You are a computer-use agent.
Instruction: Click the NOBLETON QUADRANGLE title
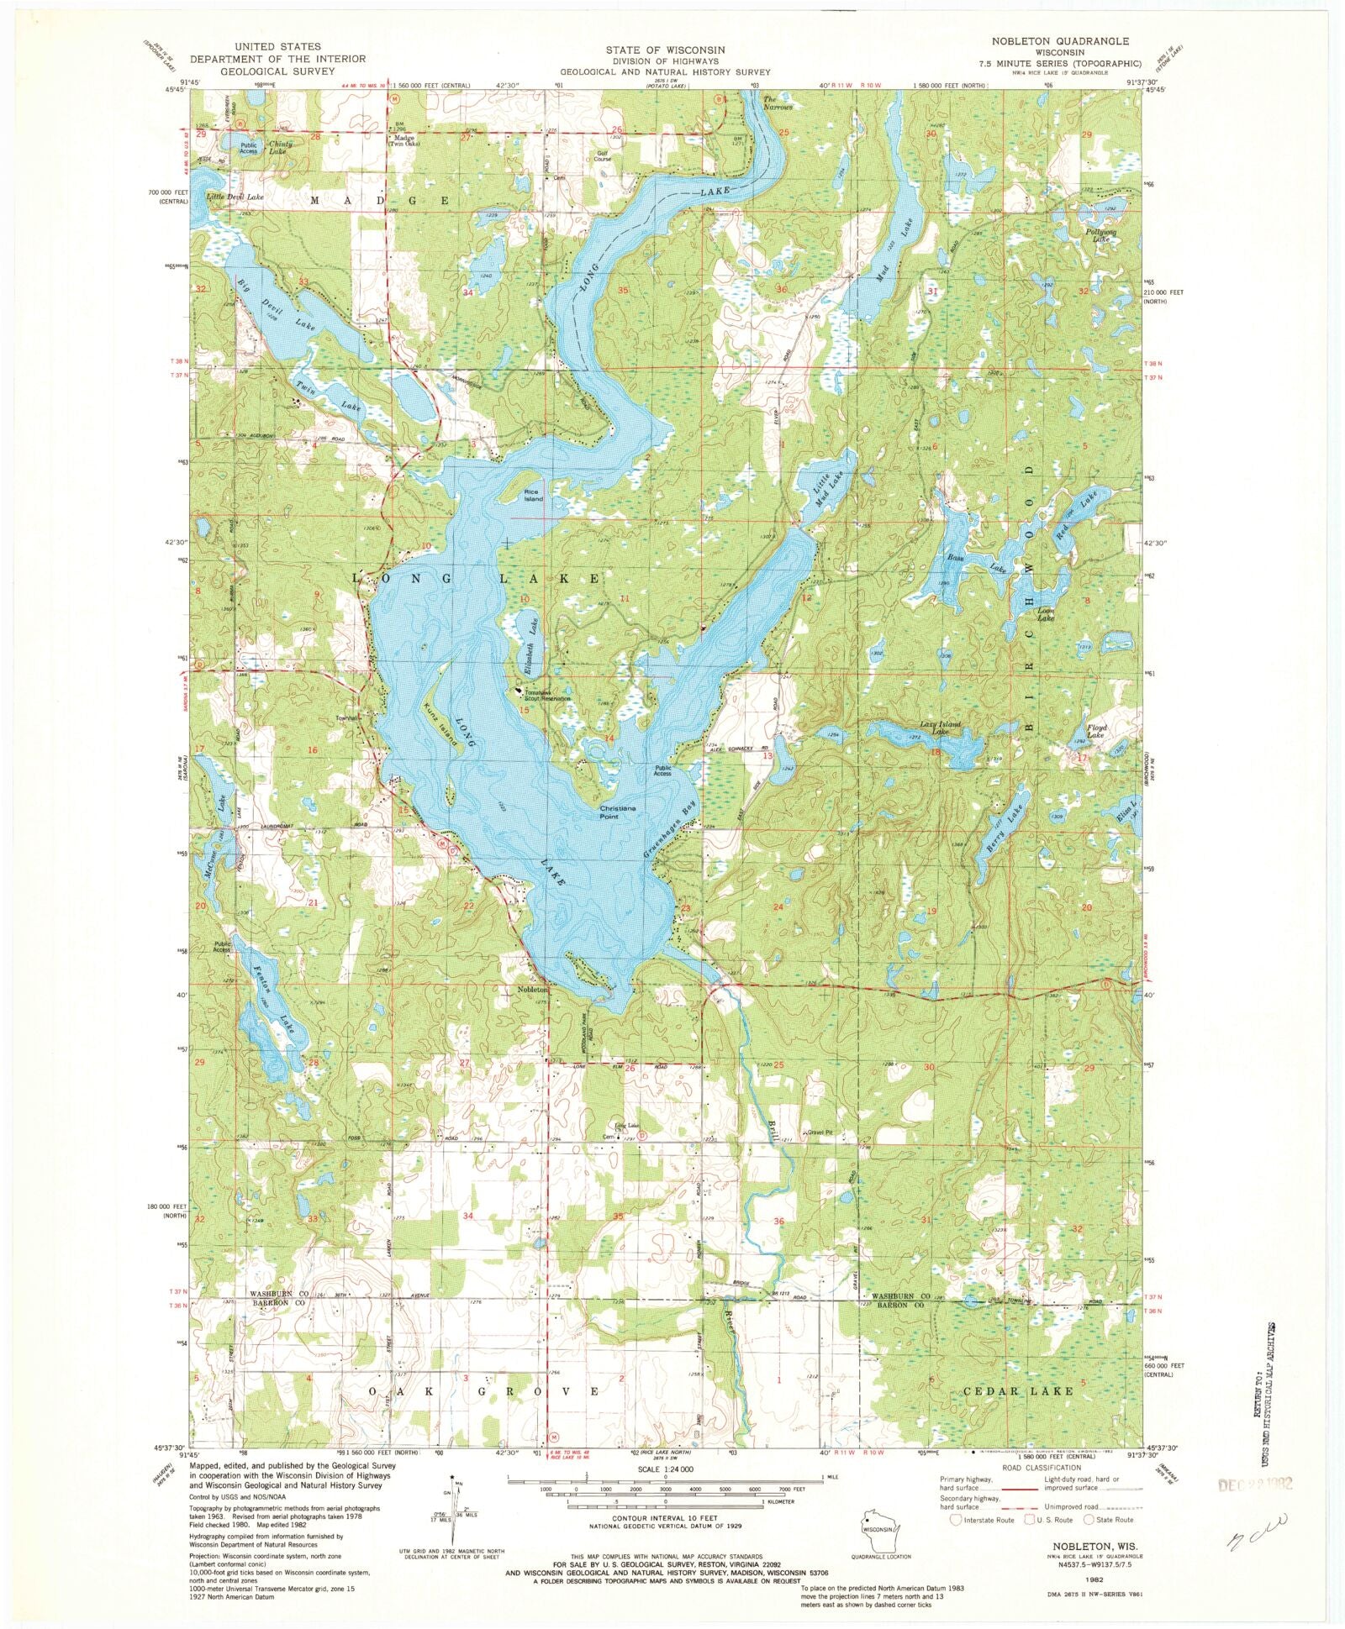click(1060, 41)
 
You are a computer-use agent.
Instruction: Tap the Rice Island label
click(533, 496)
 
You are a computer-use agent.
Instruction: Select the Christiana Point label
click(617, 812)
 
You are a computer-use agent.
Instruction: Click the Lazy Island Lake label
click(940, 728)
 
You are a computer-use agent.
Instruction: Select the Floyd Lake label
click(1096, 732)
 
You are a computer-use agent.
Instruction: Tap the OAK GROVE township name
click(483, 1392)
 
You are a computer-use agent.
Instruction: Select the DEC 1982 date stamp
click(1255, 1484)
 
